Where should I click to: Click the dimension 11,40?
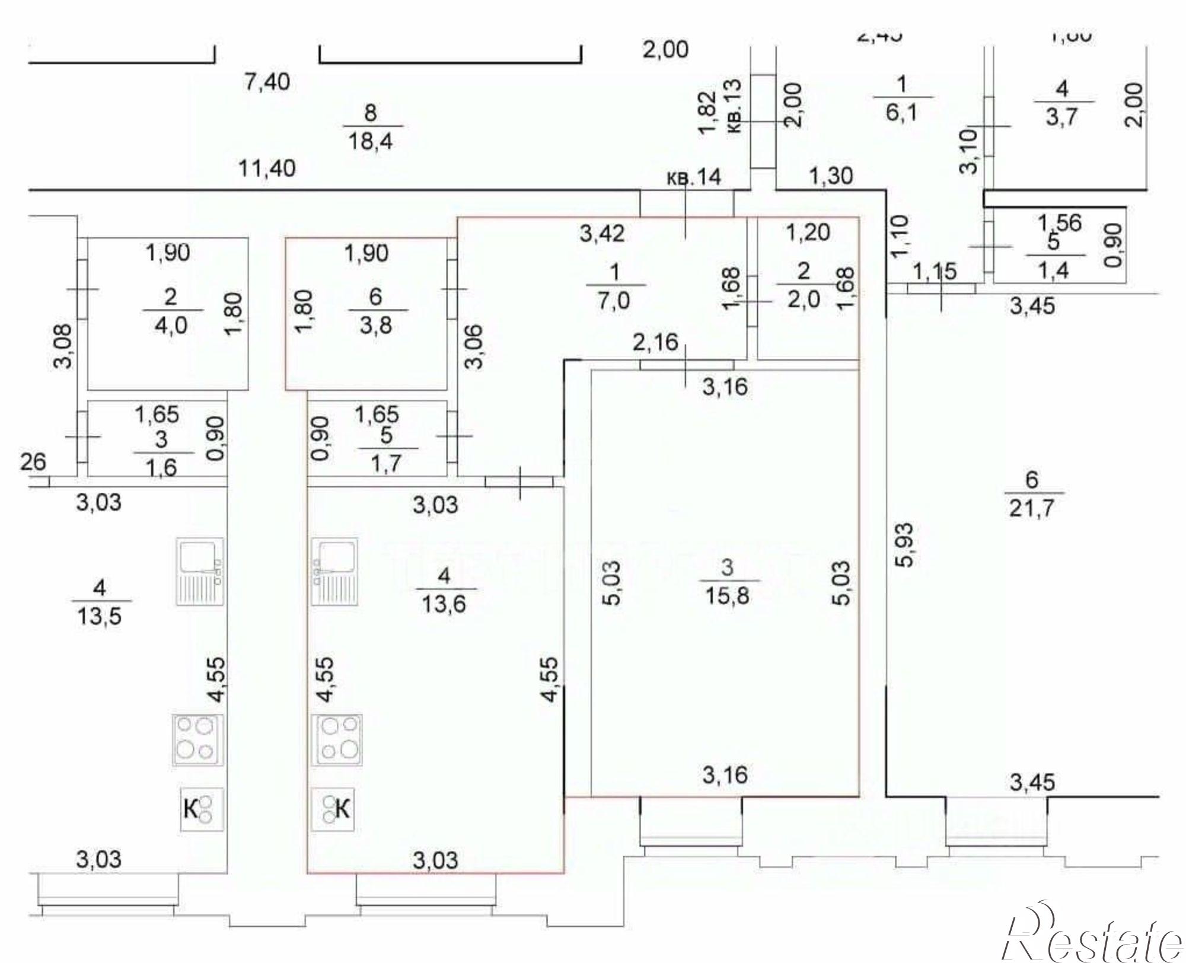tap(266, 169)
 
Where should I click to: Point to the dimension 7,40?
tap(267, 81)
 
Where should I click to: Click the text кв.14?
tap(694, 177)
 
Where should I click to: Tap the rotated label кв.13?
tap(734, 106)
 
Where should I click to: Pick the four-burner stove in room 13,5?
tap(198, 740)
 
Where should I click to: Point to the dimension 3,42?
tap(602, 234)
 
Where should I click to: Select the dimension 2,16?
tap(655, 342)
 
